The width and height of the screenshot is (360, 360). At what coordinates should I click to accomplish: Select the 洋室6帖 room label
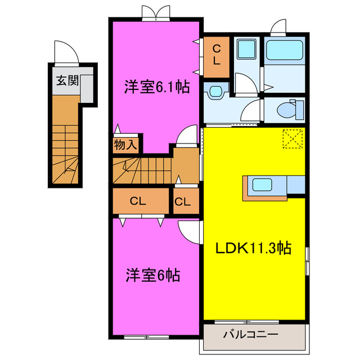point(152,276)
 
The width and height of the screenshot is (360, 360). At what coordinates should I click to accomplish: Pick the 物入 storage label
point(125,145)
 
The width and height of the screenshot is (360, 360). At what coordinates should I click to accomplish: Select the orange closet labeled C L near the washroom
point(216,57)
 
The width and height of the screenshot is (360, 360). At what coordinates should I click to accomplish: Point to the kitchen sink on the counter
point(263,184)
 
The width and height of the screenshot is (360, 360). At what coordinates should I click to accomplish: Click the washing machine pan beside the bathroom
point(245,51)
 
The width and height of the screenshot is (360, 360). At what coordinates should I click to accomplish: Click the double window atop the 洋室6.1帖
point(155,12)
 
